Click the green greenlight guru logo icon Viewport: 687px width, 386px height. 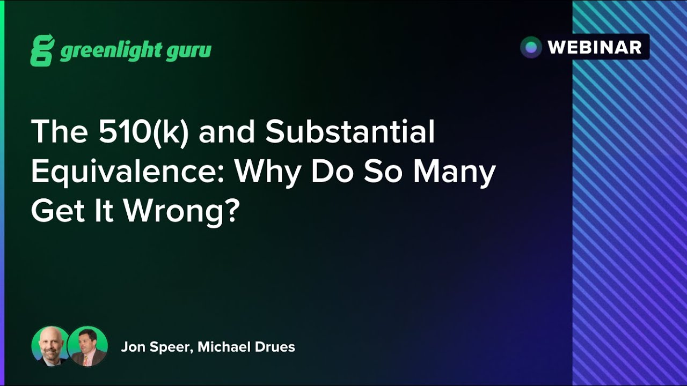(42, 50)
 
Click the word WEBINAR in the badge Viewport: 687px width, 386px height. (595, 47)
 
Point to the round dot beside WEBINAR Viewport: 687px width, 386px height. (531, 47)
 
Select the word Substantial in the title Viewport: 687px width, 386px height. (349, 132)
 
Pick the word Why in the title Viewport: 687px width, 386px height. (265, 172)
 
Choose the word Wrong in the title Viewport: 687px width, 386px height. (173, 212)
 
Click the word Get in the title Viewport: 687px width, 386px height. (56, 212)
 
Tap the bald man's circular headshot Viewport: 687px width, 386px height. (50, 346)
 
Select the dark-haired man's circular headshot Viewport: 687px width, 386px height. (87, 346)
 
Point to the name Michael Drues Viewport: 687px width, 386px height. (246, 347)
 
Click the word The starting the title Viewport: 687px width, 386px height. (52, 132)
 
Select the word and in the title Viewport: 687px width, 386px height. (227, 132)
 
